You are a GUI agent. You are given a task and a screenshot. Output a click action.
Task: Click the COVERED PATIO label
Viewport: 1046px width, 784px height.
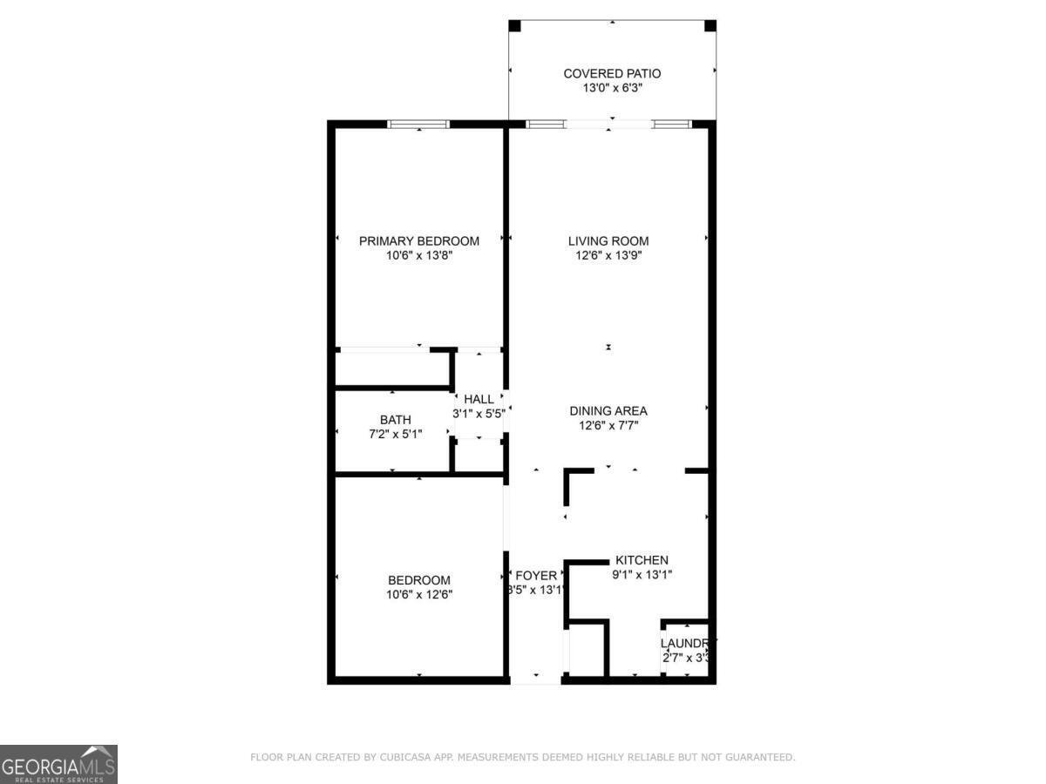click(x=612, y=74)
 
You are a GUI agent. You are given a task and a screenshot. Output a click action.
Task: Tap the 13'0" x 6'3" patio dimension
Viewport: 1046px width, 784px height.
click(x=612, y=89)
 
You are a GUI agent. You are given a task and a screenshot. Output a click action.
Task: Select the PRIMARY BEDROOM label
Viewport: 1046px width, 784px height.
click(x=419, y=241)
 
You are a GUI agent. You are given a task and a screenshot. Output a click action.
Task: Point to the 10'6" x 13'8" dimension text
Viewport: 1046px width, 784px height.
click(x=419, y=256)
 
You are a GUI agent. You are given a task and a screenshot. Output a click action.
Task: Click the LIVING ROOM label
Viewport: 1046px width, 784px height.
click(x=608, y=241)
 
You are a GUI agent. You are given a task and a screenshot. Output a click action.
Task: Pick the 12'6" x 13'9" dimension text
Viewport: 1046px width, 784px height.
click(x=608, y=256)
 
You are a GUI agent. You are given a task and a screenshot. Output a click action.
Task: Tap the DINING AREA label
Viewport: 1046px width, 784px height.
click(x=608, y=411)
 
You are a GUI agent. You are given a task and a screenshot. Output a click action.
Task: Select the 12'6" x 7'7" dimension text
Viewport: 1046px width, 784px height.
click(x=608, y=426)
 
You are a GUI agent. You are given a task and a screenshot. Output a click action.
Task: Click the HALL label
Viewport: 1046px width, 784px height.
click(x=479, y=399)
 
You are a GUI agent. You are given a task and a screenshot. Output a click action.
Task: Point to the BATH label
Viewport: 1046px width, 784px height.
click(x=395, y=420)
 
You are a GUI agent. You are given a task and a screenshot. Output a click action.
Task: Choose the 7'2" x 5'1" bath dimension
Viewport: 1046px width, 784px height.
click(x=395, y=434)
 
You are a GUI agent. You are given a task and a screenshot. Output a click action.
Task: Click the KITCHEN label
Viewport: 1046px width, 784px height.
click(x=642, y=560)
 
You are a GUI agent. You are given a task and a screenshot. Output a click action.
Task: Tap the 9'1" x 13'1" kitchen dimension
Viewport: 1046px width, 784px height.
click(x=642, y=575)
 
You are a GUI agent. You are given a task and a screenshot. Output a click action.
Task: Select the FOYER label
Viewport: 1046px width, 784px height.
click(x=536, y=575)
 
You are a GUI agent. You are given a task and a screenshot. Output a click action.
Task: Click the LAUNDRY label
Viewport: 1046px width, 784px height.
click(x=687, y=644)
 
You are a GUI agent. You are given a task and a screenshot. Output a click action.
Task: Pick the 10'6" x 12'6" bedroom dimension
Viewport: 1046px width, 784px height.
click(x=419, y=595)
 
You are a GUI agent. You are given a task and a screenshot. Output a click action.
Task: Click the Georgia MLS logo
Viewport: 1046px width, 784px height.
click(x=58, y=764)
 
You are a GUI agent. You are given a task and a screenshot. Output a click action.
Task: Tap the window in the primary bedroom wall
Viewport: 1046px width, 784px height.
click(x=418, y=125)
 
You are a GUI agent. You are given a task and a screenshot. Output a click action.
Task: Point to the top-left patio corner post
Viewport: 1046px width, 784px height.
click(x=514, y=26)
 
